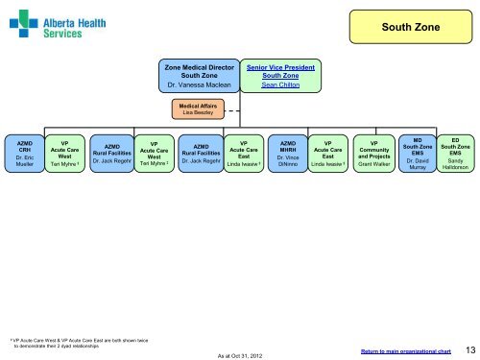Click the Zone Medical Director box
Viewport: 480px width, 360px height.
pyautogui.click(x=201, y=76)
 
